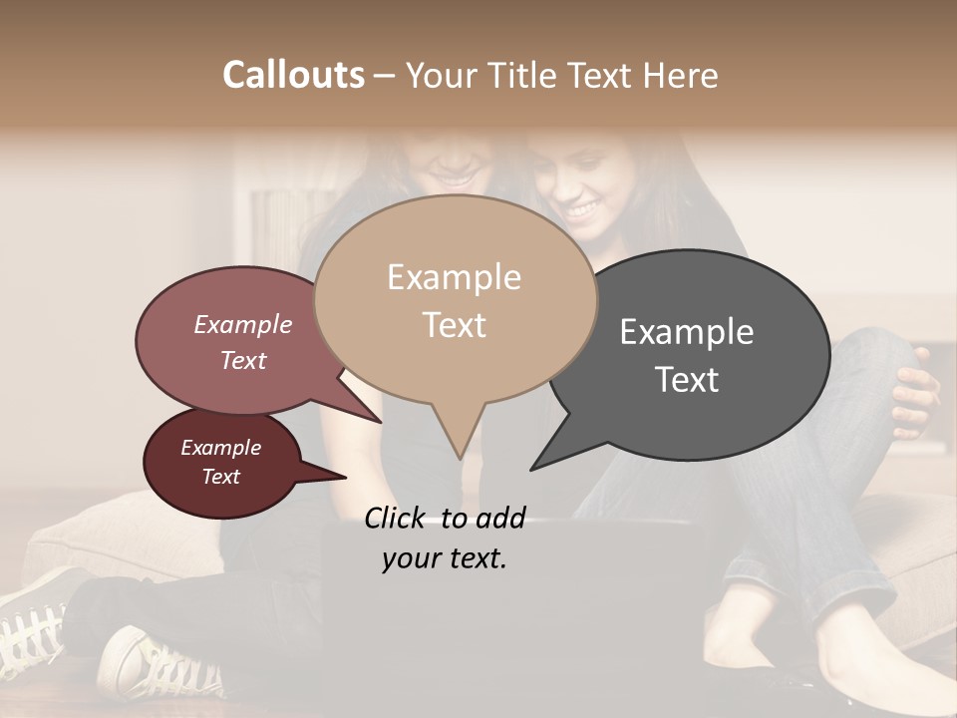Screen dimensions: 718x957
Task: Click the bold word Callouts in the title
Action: pos(293,75)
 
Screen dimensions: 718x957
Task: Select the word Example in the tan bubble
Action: pos(454,277)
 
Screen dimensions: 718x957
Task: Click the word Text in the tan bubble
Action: pos(455,325)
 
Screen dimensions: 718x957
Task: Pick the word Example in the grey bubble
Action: pos(687,331)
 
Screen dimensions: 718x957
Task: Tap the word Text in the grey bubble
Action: pos(687,380)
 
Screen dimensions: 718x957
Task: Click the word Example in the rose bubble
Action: pos(243,324)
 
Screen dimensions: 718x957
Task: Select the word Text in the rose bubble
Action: pos(243,360)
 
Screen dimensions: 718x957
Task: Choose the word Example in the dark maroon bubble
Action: pos(221,448)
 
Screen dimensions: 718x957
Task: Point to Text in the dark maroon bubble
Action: pos(221,477)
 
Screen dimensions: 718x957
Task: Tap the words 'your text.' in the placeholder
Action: pos(445,559)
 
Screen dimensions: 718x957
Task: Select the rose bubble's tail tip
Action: pos(381,420)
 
